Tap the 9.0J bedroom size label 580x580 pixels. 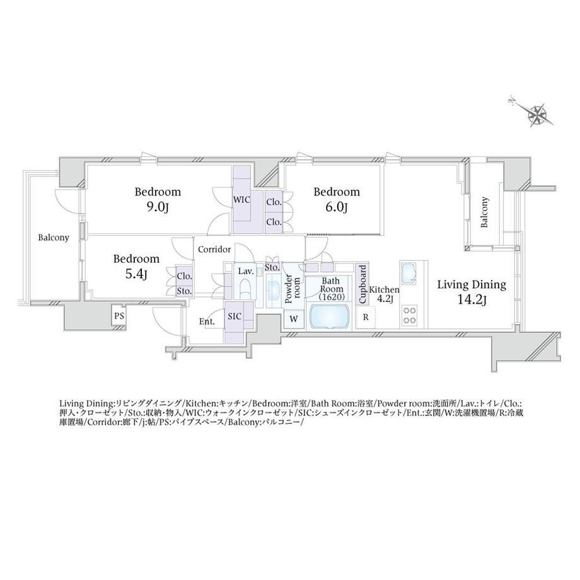158,208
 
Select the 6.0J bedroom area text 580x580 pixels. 336,208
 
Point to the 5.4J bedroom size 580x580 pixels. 136,274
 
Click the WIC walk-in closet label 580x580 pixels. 241,200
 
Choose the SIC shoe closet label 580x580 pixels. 235,316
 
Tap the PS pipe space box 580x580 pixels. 119,316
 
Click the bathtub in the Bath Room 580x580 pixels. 329,316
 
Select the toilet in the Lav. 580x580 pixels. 245,289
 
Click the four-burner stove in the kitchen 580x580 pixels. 410,315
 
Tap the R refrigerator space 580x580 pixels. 366,317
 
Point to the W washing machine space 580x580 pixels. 294,318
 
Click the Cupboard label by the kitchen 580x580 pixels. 362,284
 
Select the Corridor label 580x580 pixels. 214,250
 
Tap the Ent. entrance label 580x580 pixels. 207,322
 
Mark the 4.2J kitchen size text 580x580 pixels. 385,299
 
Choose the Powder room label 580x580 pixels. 293,289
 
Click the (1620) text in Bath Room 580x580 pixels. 332,297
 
